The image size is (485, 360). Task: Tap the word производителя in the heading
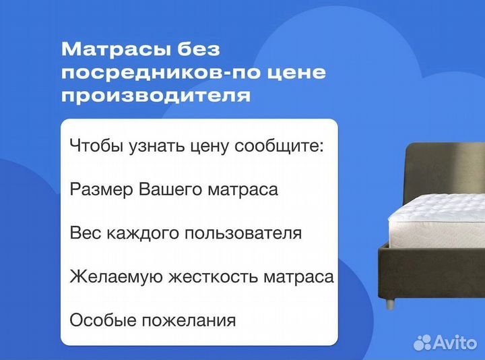156,96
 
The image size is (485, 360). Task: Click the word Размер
101,189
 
